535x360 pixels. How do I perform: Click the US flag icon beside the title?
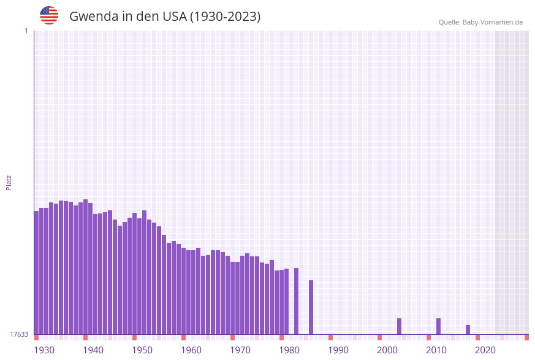coord(49,15)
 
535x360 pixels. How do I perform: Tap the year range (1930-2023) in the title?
coord(225,17)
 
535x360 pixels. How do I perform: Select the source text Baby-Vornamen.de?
coord(492,22)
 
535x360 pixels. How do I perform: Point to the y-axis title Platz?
coord(9,182)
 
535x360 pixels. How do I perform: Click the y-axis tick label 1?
coord(26,31)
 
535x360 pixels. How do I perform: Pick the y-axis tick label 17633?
coord(19,334)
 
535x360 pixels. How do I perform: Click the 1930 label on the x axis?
coord(44,350)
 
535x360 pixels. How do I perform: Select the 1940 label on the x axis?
coord(93,350)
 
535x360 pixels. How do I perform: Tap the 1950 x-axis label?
coord(142,350)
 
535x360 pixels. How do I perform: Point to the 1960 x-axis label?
coord(191,350)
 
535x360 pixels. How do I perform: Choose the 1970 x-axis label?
coord(240,350)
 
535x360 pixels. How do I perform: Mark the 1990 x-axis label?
coord(338,350)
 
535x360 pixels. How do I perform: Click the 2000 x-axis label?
coord(387,350)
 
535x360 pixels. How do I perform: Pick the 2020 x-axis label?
coord(485,350)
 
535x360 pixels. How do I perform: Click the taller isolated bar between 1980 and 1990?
coord(297,301)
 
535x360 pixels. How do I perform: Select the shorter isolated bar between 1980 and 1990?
coord(311,307)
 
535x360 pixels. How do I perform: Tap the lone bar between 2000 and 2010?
coord(400,326)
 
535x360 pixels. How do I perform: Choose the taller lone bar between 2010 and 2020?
coord(439,326)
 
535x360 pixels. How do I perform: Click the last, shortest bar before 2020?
coord(468,330)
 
